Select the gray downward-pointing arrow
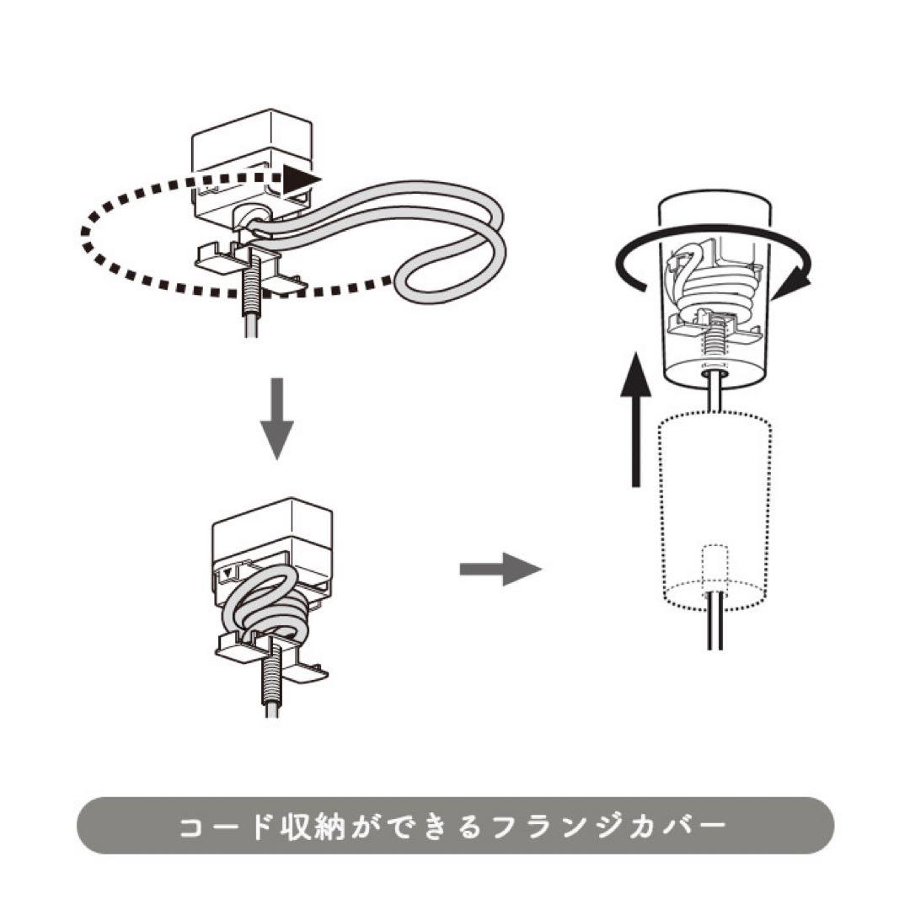pyautogui.click(x=276, y=421)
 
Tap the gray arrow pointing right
pyautogui.click(x=500, y=569)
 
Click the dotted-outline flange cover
pyautogui.click(x=715, y=506)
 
